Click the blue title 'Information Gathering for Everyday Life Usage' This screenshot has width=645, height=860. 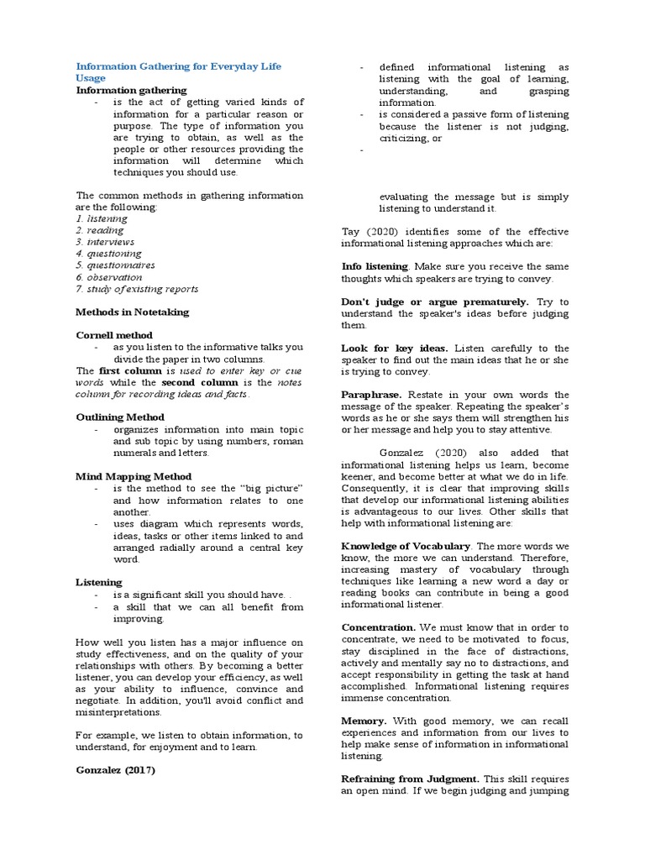point(179,71)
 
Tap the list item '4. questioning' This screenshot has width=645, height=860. point(108,254)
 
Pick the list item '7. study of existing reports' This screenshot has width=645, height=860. point(137,289)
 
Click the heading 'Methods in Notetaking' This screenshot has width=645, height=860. point(132,312)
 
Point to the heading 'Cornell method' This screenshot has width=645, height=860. point(114,335)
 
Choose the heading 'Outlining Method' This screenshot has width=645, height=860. point(119,417)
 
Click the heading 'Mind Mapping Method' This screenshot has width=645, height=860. point(134,476)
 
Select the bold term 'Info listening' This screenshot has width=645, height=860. point(374,266)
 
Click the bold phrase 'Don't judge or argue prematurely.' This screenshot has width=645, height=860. point(435,302)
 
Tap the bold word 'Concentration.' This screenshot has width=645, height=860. point(379,627)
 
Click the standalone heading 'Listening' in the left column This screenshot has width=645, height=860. point(99,581)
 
